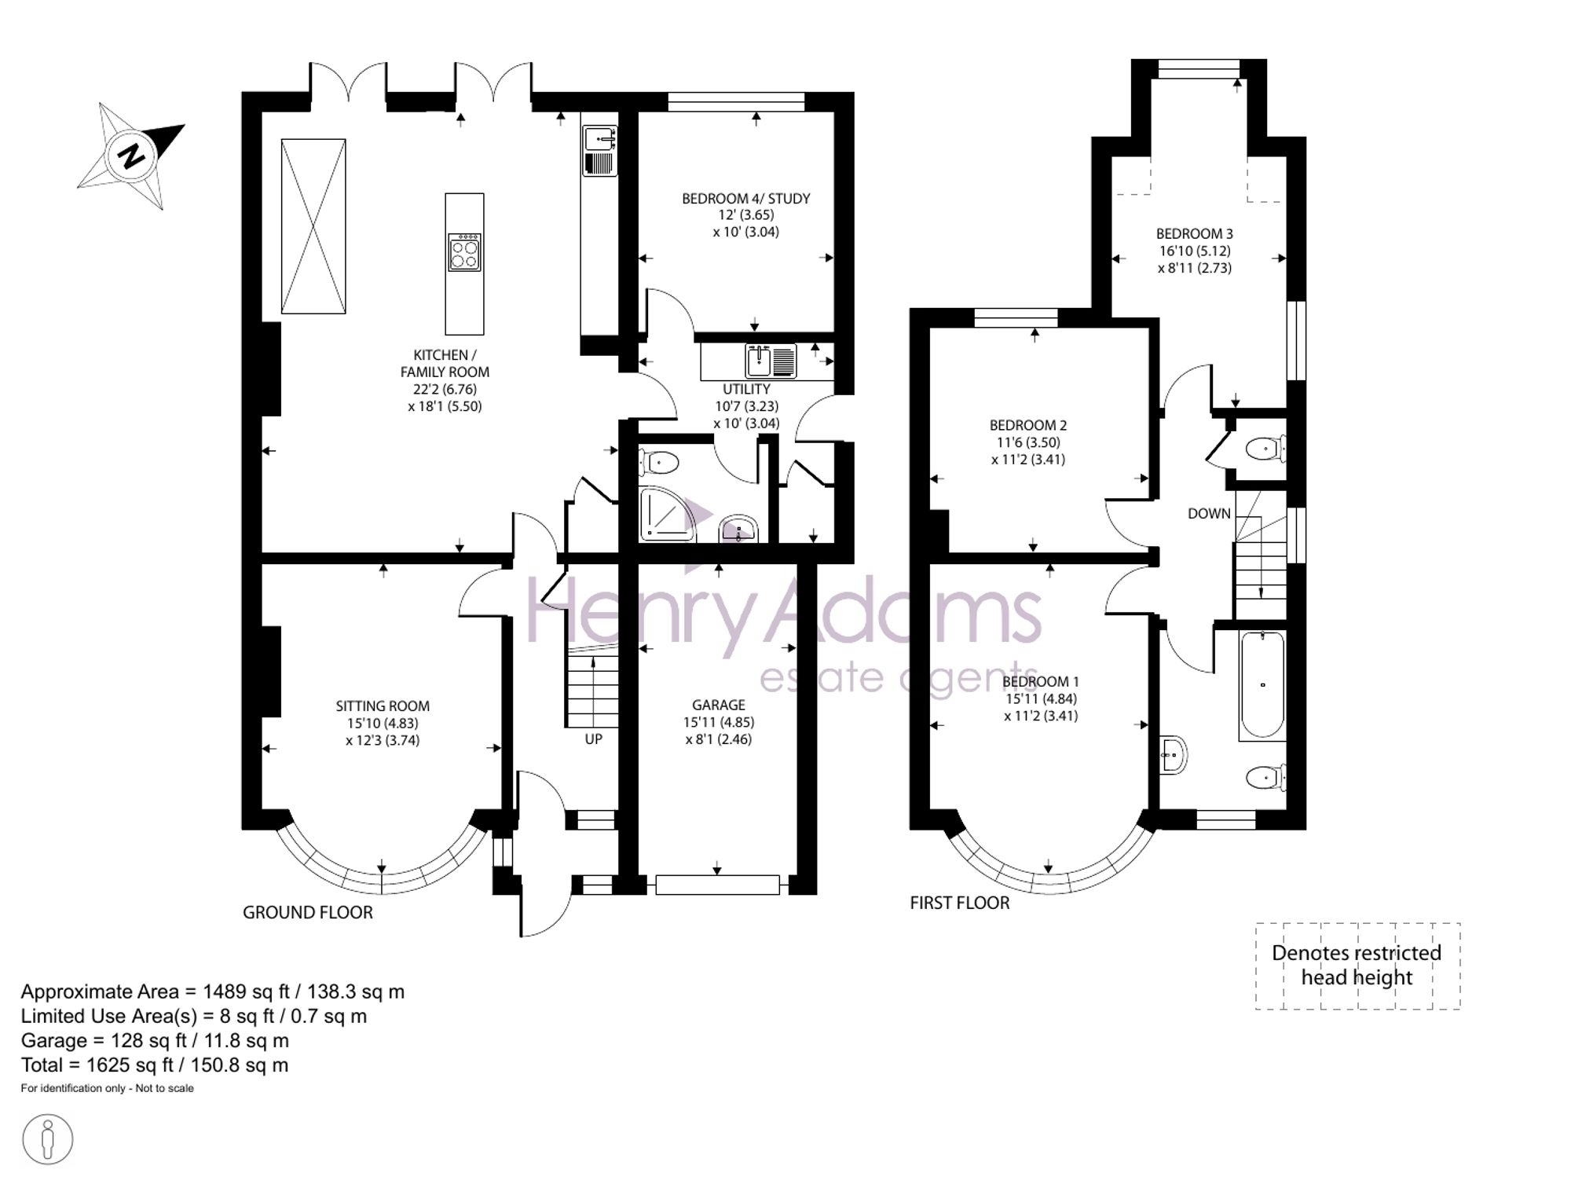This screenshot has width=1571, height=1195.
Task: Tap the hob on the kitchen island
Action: [464, 252]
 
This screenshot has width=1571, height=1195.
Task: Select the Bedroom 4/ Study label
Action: [745, 199]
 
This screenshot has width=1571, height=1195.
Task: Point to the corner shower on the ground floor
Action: [667, 515]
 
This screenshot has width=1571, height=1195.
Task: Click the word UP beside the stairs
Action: [593, 739]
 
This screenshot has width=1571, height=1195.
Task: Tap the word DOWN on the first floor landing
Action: [1209, 514]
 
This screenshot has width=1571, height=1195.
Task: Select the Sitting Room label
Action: [383, 706]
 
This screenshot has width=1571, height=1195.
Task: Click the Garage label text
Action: [718, 706]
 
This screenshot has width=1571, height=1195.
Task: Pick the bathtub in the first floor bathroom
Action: [1262, 684]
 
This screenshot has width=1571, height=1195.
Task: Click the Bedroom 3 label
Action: [1194, 233]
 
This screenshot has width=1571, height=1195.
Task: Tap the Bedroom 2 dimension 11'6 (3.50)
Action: [1028, 442]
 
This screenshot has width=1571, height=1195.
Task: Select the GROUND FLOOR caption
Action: [307, 912]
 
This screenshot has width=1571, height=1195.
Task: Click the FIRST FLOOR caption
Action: [959, 904]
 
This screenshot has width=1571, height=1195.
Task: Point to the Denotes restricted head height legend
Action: [1357, 966]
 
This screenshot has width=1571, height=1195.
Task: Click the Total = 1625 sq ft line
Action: [155, 1065]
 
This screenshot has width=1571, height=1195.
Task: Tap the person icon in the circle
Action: [47, 1139]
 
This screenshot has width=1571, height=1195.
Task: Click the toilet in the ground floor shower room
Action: [659, 462]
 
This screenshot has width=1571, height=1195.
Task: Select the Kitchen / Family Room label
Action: [445, 364]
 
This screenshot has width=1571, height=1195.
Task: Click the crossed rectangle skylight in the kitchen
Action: [313, 226]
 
